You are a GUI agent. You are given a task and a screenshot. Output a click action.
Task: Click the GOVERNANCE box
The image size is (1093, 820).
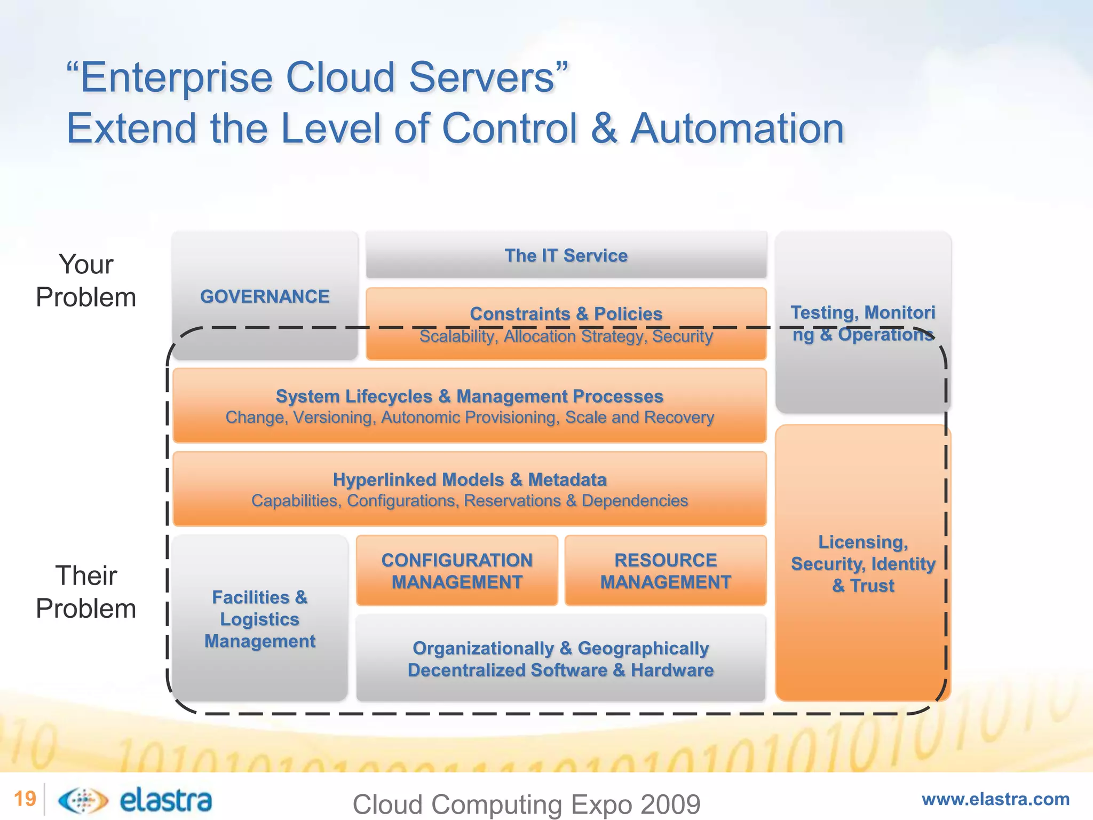[265, 296]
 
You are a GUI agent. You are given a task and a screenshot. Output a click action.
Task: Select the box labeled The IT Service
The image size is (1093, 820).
[566, 255]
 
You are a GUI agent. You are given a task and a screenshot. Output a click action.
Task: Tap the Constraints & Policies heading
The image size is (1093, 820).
[566, 313]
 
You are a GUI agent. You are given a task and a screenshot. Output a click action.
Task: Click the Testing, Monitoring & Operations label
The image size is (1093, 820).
[862, 324]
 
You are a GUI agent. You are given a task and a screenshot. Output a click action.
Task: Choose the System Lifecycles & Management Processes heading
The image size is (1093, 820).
[469, 396]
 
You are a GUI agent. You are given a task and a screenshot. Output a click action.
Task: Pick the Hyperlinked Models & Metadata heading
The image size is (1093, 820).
[469, 479]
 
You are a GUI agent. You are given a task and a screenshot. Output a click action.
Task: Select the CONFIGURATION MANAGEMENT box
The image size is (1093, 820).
[457, 571]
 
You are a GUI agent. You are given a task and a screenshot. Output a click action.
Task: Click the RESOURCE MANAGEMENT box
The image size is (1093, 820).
[665, 571]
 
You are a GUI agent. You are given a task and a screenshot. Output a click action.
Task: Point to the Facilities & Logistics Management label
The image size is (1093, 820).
[260, 619]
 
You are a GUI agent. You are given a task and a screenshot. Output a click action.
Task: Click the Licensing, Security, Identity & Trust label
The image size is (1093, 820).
[862, 564]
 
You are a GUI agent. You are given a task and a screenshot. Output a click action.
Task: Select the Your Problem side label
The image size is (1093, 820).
[86, 281]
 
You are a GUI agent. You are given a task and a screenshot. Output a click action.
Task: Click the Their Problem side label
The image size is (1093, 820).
[86, 592]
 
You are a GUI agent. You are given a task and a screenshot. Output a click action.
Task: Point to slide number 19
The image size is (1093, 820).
[25, 799]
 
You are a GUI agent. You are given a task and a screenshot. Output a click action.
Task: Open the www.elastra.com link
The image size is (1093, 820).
[995, 799]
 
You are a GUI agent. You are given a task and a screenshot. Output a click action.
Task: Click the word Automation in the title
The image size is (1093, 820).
[737, 129]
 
